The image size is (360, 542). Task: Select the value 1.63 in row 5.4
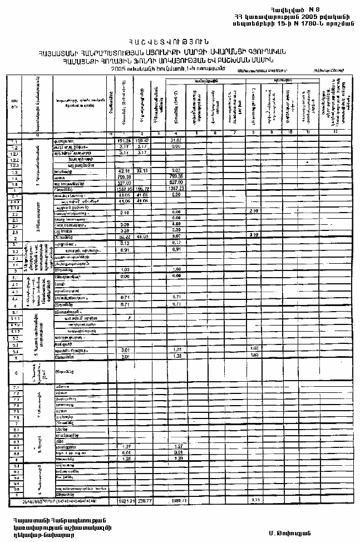tap(255, 348)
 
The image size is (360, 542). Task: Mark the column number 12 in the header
tap(336, 134)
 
